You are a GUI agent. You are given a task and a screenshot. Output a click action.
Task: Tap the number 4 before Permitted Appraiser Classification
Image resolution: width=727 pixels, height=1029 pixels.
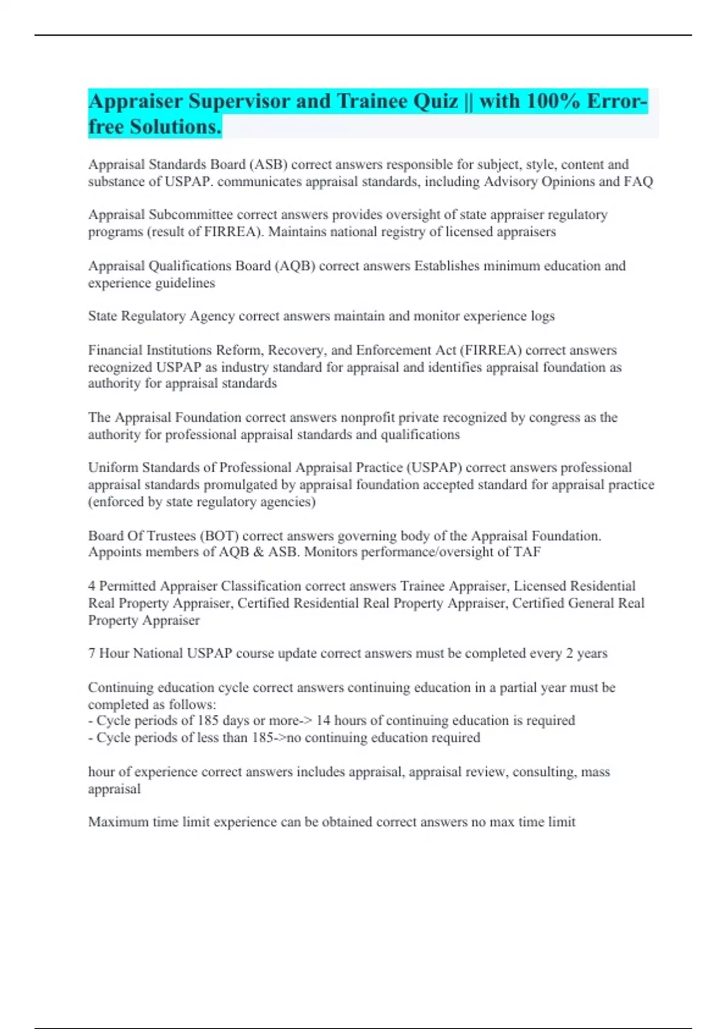click(91, 586)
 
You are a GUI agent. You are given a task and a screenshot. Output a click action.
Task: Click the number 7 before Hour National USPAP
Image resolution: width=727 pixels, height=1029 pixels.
click(91, 653)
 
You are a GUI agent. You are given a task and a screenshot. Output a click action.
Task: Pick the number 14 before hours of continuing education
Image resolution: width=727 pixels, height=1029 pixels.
click(324, 720)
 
